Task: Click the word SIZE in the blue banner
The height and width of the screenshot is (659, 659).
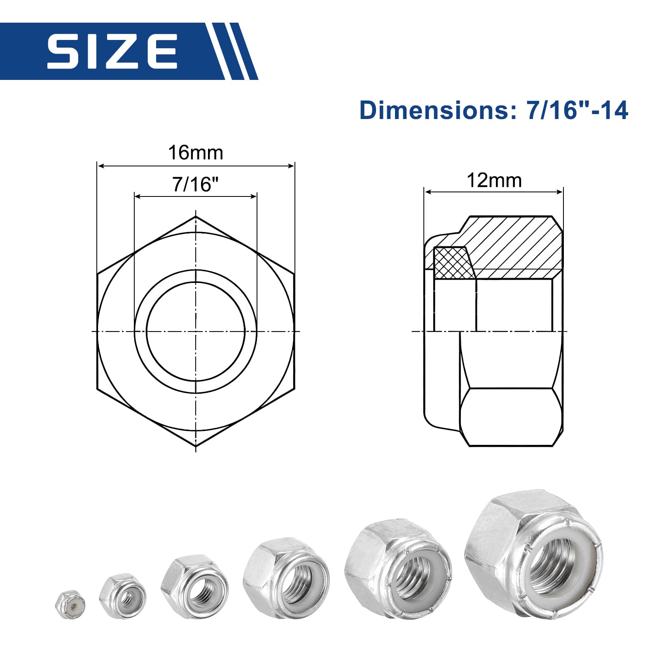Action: click(112, 51)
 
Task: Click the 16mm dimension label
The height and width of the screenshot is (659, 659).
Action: click(196, 153)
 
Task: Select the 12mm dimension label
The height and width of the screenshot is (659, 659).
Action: click(494, 180)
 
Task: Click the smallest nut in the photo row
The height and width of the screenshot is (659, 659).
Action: click(70, 605)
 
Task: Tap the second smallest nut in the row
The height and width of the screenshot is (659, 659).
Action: click(122, 595)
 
